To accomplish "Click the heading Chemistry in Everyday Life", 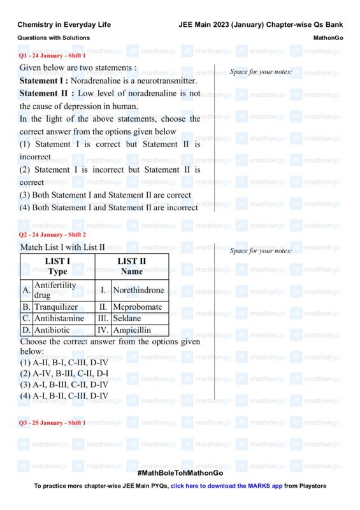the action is [64, 25].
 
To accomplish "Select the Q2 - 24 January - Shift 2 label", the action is [52, 235].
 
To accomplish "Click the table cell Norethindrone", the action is [140, 291].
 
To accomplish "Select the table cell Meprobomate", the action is [137, 307].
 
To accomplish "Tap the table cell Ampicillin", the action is [132, 330].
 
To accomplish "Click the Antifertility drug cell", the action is [55, 291].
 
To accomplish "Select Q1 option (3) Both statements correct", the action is [105, 195].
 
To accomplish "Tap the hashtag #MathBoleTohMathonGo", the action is [180, 473].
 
